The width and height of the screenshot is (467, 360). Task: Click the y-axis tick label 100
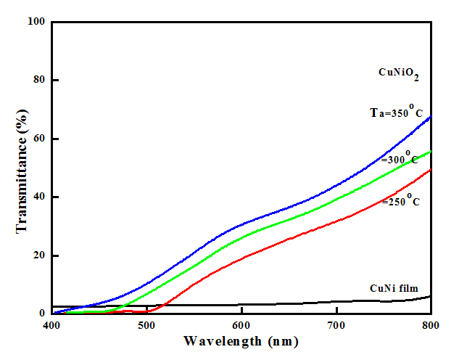[36, 22]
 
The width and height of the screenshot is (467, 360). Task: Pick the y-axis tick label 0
[41, 314]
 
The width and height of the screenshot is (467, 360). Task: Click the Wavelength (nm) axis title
[241, 340]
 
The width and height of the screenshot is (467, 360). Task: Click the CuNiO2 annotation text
[399, 73]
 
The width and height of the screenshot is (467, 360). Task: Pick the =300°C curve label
[400, 158]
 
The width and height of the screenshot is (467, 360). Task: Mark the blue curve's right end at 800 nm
[431, 116]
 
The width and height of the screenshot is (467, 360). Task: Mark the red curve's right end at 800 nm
[431, 170]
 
